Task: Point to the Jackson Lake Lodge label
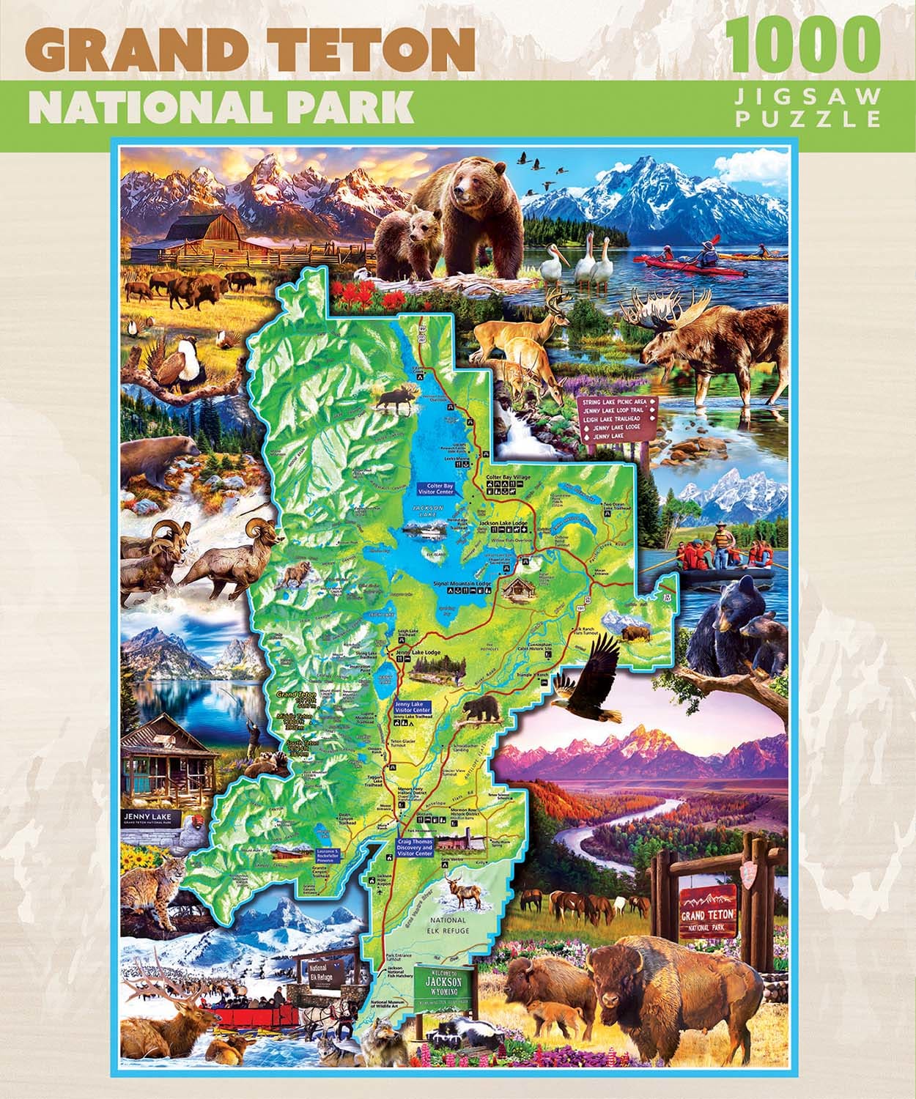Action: (x=503, y=523)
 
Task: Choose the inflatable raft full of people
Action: (x=725, y=568)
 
